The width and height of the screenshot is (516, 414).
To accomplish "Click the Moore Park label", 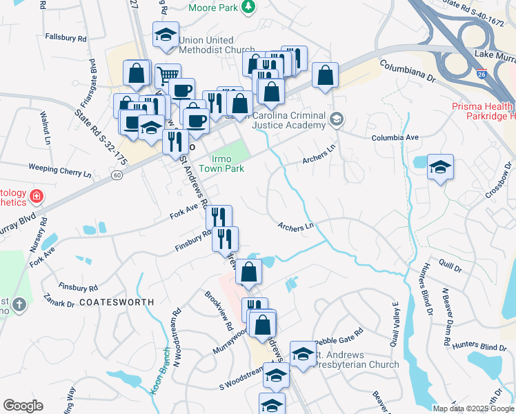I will (x=214, y=8).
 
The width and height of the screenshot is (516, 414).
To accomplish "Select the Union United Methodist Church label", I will (x=217, y=45).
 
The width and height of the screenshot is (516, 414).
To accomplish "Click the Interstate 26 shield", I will (x=482, y=73).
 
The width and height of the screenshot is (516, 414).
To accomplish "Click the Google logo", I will (x=23, y=406).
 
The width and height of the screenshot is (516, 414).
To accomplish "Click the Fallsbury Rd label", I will (x=66, y=37).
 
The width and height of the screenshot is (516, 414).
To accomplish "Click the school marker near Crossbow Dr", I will (x=440, y=167).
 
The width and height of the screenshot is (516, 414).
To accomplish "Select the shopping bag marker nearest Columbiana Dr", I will (x=325, y=76).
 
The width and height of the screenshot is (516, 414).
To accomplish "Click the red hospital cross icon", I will (x=37, y=199).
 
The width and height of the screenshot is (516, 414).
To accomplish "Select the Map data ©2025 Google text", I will (x=473, y=408).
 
